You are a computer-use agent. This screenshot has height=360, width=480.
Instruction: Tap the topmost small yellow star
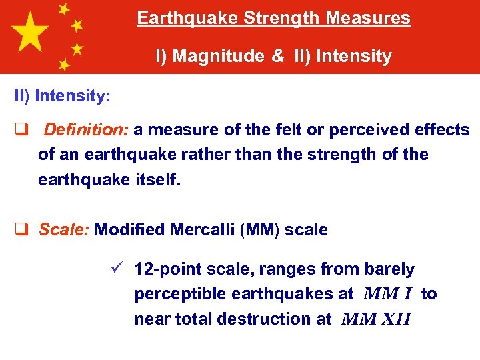click(64, 9)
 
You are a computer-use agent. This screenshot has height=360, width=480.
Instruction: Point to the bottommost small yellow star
click(64, 65)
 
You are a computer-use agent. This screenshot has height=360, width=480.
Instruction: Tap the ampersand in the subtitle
click(277, 56)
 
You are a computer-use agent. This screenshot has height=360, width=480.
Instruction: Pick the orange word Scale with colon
click(65, 230)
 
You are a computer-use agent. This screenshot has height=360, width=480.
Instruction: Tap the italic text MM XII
click(375, 319)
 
